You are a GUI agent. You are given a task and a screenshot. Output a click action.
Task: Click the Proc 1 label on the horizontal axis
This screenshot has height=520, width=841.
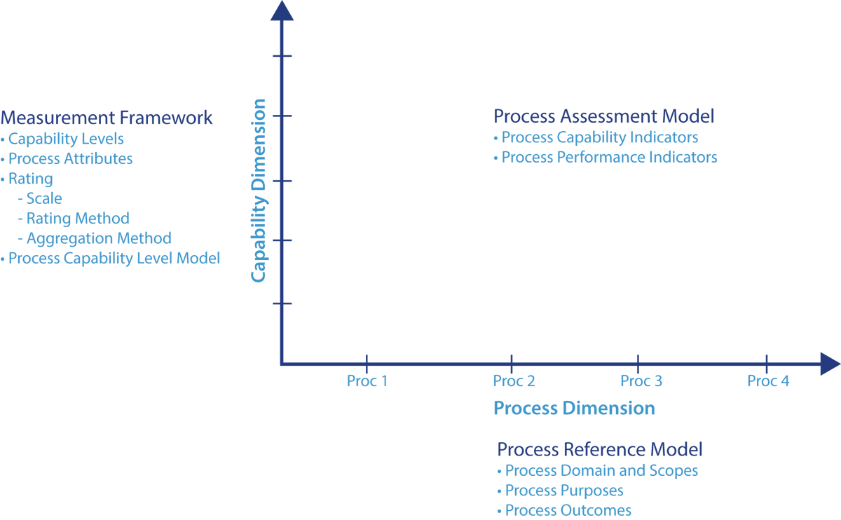click(x=367, y=381)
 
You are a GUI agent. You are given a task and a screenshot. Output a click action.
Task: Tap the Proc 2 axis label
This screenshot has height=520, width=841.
click(x=514, y=381)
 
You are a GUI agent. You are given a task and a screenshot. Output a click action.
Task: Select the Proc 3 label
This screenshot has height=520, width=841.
click(x=641, y=381)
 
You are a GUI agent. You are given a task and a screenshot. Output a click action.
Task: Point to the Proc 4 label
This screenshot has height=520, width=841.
click(x=768, y=381)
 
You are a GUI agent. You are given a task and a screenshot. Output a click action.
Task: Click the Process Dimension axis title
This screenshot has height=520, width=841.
click(x=574, y=409)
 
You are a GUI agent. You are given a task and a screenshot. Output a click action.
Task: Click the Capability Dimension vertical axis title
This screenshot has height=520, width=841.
click(x=259, y=191)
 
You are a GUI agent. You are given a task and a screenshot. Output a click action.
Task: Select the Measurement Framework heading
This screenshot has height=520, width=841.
click(x=107, y=117)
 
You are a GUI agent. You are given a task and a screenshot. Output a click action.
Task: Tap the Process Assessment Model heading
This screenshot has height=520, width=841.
click(x=603, y=116)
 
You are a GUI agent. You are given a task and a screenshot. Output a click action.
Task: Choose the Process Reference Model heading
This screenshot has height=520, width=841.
click(x=599, y=449)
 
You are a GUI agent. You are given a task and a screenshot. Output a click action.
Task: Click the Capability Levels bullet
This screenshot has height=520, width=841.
click(x=66, y=139)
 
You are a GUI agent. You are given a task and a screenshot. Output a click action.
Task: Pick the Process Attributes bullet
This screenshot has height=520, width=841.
click(x=70, y=158)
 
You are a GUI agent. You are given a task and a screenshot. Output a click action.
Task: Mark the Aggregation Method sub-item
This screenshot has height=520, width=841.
click(x=99, y=238)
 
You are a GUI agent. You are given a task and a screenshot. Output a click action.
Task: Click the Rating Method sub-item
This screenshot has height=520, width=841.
click(x=78, y=219)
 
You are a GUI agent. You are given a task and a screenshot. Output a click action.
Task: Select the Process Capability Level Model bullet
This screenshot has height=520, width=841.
click(x=114, y=259)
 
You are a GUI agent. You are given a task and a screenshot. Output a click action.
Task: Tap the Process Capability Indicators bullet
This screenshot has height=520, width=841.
click(x=599, y=137)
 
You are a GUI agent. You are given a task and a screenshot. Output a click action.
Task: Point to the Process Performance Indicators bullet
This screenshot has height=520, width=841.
click(x=609, y=157)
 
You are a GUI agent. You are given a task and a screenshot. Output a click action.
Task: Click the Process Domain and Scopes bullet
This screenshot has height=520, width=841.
click(x=601, y=470)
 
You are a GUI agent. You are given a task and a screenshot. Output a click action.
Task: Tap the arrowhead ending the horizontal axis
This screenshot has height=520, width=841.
click(x=829, y=364)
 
